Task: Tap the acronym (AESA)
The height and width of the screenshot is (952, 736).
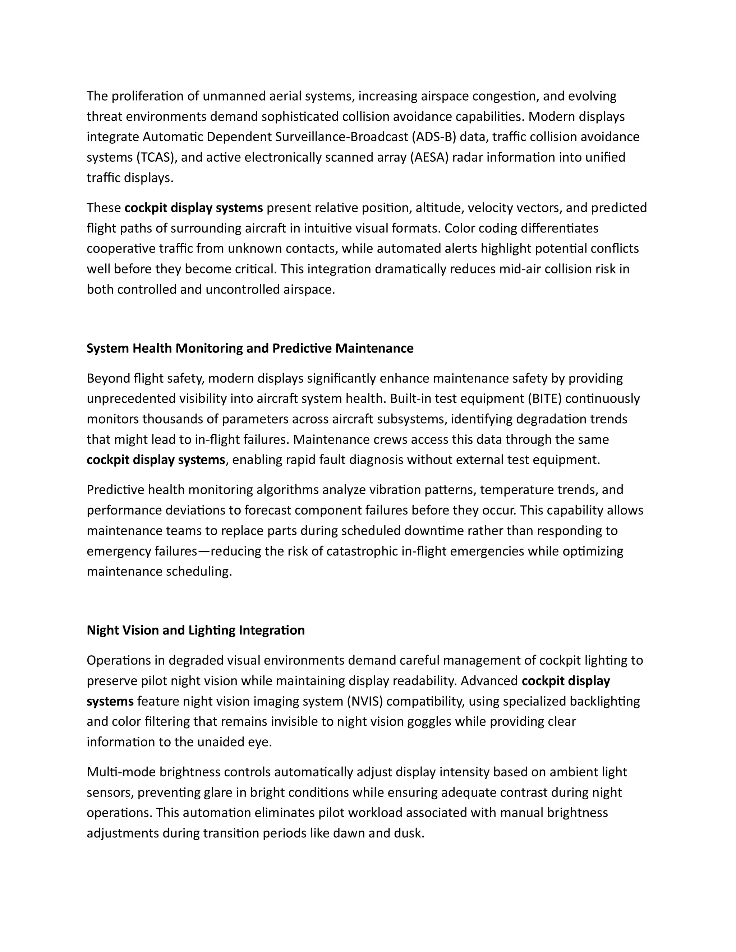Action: pos(429,157)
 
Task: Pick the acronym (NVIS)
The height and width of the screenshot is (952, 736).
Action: pos(365,701)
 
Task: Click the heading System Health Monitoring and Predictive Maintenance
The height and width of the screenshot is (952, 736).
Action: pos(250,348)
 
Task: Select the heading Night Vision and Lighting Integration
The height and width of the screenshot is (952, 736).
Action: pos(196,630)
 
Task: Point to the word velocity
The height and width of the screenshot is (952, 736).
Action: pos(490,208)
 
